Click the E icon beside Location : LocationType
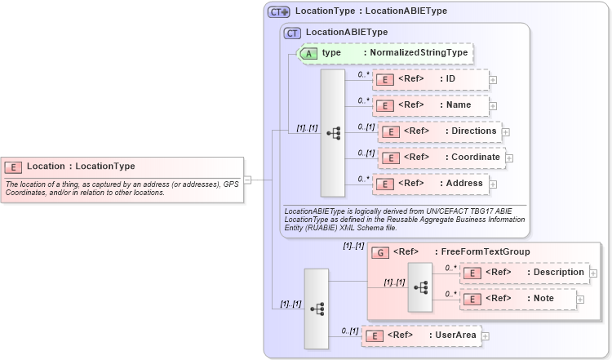[14, 167]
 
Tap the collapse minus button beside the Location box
[246, 180]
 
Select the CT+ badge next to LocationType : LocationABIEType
[279, 11]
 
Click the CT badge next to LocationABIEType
[292, 33]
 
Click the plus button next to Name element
[493, 106]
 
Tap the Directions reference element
[441, 131]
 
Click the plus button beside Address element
[493, 184]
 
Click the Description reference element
[525, 273]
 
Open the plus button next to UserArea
[485, 336]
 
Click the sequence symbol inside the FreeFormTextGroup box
[420, 287]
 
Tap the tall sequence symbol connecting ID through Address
[333, 133]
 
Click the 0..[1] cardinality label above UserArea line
[348, 330]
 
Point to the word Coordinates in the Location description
[27, 193]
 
